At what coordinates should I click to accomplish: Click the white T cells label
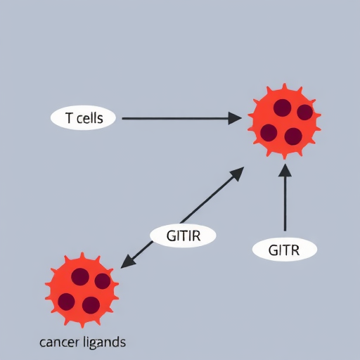coord(83,117)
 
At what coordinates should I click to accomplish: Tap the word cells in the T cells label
coord(90,117)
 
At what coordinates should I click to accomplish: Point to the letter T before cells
coord(69,117)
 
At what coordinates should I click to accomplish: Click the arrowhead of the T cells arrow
coord(235,118)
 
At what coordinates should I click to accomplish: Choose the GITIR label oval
coord(183,236)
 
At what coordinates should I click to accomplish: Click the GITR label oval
coord(285,250)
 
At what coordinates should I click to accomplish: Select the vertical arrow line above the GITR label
coord(285,198)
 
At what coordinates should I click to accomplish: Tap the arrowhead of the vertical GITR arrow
coord(285,170)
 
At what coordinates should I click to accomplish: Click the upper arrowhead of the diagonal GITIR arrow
coord(237,173)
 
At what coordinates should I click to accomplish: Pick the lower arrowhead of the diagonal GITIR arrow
coord(128,262)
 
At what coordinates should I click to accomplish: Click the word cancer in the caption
coord(59,342)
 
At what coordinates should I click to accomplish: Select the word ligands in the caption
coord(105,343)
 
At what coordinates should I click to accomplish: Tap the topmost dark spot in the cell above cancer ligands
coord(80,277)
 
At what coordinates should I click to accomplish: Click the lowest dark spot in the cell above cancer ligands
coord(91,305)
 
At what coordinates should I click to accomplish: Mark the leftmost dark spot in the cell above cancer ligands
coord(66,302)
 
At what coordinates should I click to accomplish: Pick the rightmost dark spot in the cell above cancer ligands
coord(103,281)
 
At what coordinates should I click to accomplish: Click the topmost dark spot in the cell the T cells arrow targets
coord(283,108)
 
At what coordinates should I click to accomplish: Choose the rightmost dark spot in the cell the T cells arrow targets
coord(305,112)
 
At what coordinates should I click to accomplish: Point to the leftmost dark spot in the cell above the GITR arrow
coord(269,133)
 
